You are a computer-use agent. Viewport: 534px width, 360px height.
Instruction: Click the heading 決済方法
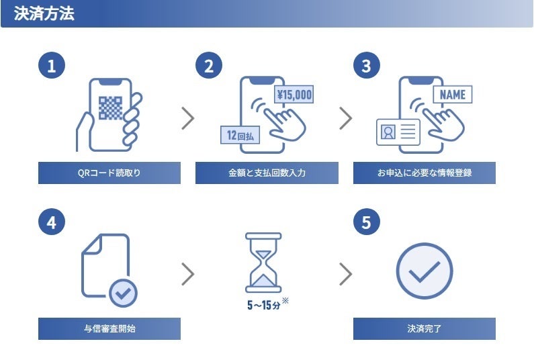pyautogui.click(x=44, y=14)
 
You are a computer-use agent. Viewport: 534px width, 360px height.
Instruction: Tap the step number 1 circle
pyautogui.click(x=52, y=66)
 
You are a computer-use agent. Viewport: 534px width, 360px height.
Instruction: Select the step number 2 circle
pyautogui.click(x=209, y=66)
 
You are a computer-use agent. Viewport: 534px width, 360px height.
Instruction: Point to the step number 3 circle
pyautogui.click(x=366, y=66)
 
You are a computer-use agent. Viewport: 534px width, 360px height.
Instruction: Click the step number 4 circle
pyautogui.click(x=52, y=222)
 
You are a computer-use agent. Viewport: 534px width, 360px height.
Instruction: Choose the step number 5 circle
pyautogui.click(x=366, y=222)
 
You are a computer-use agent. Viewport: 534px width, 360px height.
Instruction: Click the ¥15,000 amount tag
pyautogui.click(x=294, y=95)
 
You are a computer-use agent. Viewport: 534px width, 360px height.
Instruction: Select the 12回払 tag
pyautogui.click(x=240, y=135)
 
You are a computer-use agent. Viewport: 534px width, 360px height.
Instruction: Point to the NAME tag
pyautogui.click(x=452, y=95)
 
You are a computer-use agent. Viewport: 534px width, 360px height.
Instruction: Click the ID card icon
pyautogui.click(x=398, y=132)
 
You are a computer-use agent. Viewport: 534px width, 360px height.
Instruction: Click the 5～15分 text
pyautogui.click(x=263, y=305)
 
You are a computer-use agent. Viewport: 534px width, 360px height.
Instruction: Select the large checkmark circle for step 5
pyautogui.click(x=424, y=271)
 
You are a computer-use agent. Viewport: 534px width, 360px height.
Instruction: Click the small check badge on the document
pyautogui.click(x=123, y=292)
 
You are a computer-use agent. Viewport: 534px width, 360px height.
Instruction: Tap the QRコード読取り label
pyautogui.click(x=109, y=173)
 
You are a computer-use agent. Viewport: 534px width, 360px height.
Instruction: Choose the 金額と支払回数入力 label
pyautogui.click(x=267, y=173)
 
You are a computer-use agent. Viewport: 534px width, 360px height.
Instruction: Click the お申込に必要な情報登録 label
pyautogui.click(x=424, y=173)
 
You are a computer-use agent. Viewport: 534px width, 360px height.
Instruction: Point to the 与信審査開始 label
pyautogui.click(x=109, y=329)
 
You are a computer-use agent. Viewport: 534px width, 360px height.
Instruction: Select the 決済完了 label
pyautogui.click(x=424, y=329)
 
